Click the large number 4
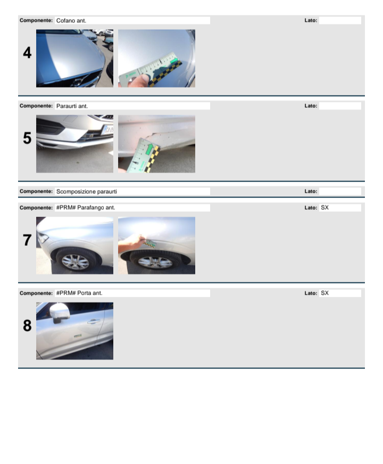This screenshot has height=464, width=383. (x=27, y=53)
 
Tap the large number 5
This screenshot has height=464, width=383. (x=27, y=138)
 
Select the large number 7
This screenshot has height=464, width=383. (x=27, y=240)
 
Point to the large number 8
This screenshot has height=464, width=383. (x=27, y=325)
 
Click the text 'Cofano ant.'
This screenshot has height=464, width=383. (x=71, y=21)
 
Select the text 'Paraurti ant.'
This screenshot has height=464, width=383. (x=72, y=106)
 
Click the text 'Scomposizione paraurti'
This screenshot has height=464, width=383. (x=87, y=192)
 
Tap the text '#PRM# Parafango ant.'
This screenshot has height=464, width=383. (x=86, y=208)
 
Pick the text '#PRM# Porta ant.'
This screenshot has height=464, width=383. (x=79, y=293)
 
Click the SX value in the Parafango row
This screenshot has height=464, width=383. (x=324, y=208)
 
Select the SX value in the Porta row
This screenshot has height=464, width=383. (x=324, y=293)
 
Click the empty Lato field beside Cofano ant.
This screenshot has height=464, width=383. (x=340, y=20)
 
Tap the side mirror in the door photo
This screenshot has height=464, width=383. (x=60, y=312)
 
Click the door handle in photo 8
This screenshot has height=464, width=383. (x=94, y=321)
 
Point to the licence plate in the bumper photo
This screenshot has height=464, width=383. (x=107, y=130)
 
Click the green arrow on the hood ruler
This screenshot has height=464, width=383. (x=174, y=61)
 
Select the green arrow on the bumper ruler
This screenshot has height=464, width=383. (x=149, y=149)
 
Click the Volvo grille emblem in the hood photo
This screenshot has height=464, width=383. (x=78, y=82)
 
